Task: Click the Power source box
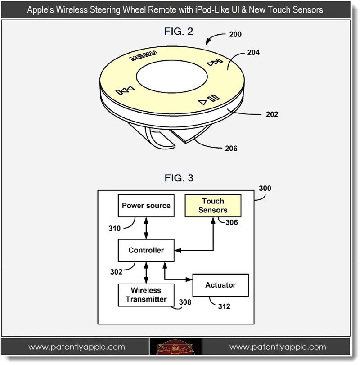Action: (x=146, y=206)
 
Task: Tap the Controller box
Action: (x=146, y=250)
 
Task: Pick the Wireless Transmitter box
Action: (x=146, y=295)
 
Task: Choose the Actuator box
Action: (x=220, y=285)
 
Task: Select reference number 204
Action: (x=253, y=53)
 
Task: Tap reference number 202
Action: (x=272, y=114)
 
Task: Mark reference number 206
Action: (x=230, y=148)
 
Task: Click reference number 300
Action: (x=265, y=189)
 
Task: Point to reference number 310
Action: (x=114, y=228)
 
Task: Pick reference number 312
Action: (x=224, y=306)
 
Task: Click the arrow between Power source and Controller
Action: (x=146, y=229)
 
